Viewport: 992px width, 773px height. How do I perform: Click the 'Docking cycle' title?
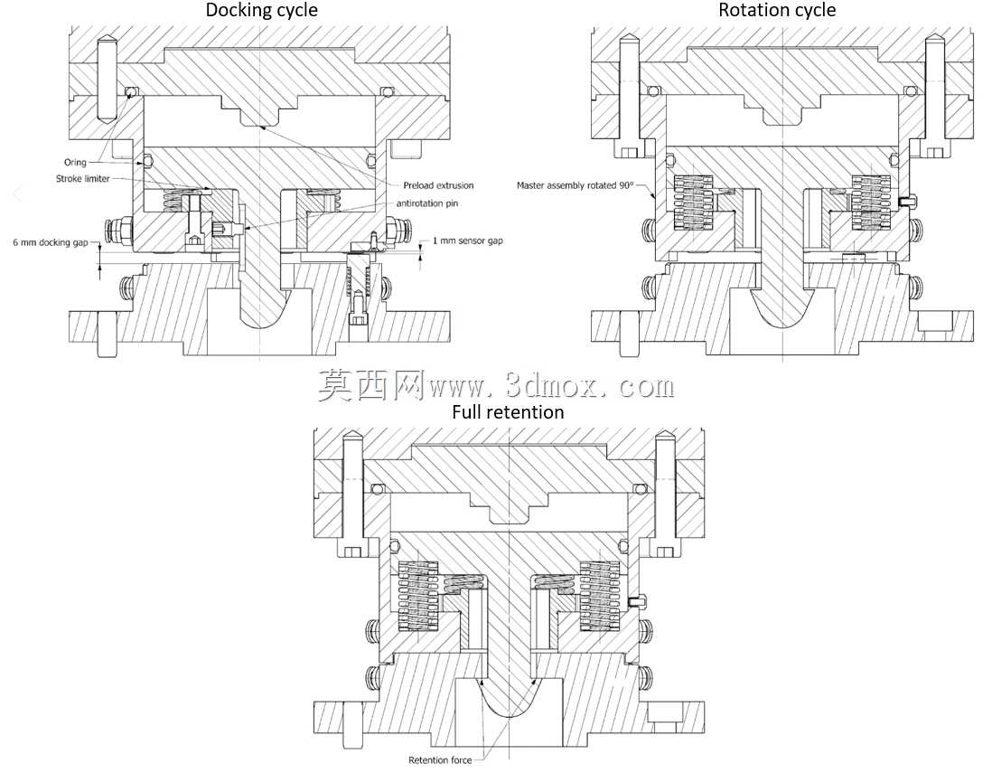click(x=261, y=10)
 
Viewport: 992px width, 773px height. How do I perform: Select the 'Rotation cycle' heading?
click(x=777, y=10)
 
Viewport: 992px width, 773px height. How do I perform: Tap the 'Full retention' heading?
click(x=508, y=412)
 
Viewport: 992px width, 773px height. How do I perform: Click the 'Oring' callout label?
click(x=75, y=162)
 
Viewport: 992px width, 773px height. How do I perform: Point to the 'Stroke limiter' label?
click(x=83, y=178)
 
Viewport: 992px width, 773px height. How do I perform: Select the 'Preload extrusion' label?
click(x=438, y=185)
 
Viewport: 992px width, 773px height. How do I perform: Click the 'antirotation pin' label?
click(x=427, y=203)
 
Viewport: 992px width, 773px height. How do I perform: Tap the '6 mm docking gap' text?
click(x=51, y=242)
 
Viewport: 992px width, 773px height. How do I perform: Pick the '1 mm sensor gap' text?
click(x=467, y=240)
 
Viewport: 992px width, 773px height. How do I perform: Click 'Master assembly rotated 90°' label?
click(x=576, y=185)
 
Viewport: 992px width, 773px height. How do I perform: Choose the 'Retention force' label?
click(x=440, y=759)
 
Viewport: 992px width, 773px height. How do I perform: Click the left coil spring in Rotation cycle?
click(x=693, y=203)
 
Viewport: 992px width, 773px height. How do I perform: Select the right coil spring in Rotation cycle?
click(x=871, y=203)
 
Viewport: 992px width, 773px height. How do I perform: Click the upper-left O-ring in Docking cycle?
click(x=130, y=92)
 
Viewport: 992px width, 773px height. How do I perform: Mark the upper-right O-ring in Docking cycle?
click(x=385, y=92)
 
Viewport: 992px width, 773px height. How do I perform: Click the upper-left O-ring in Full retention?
click(x=379, y=489)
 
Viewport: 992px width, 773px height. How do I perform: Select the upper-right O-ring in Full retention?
click(x=639, y=489)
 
